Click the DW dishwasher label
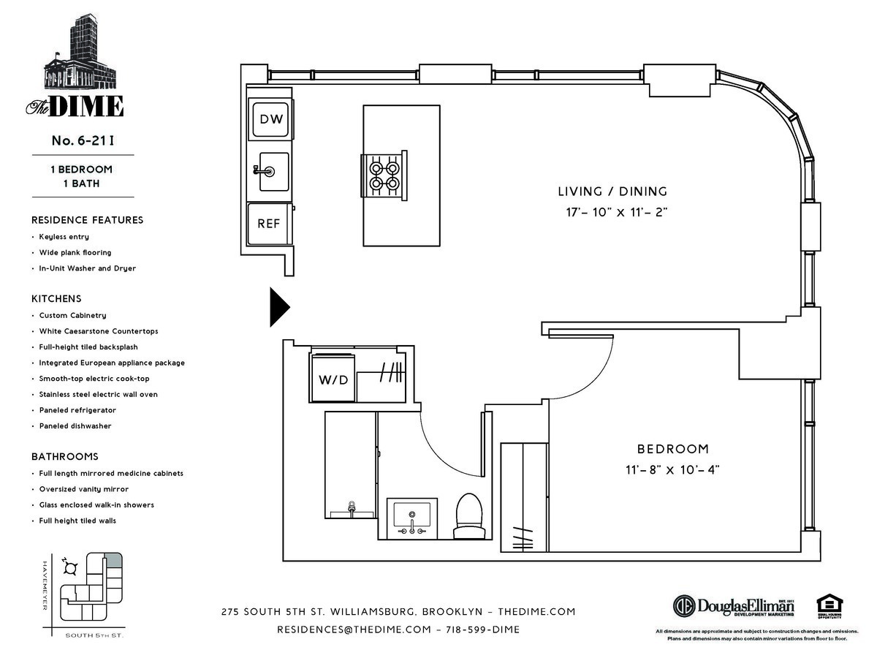coord(270,119)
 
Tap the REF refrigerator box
coord(269,224)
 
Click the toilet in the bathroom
coord(468,515)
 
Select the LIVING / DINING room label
coord(612,192)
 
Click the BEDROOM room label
coord(672,449)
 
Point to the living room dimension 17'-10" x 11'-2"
coord(612,213)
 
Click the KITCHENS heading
coord(56,299)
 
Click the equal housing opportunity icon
coord(829,606)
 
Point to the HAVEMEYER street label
coord(45,585)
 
